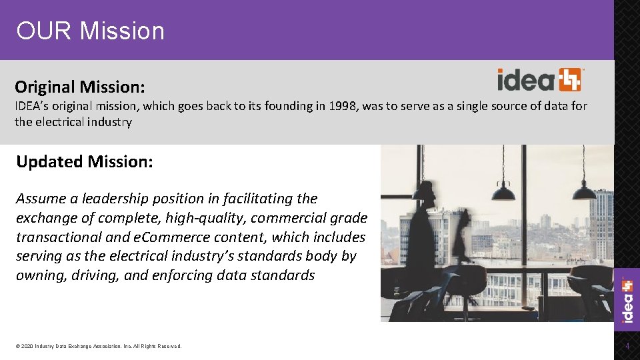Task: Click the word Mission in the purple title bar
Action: [x=121, y=31]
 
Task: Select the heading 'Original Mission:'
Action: [x=80, y=87]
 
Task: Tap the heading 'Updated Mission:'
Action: [x=84, y=161]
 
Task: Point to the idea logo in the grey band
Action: [x=541, y=80]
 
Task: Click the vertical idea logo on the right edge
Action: [x=627, y=300]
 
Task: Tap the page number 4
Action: [x=627, y=346]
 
